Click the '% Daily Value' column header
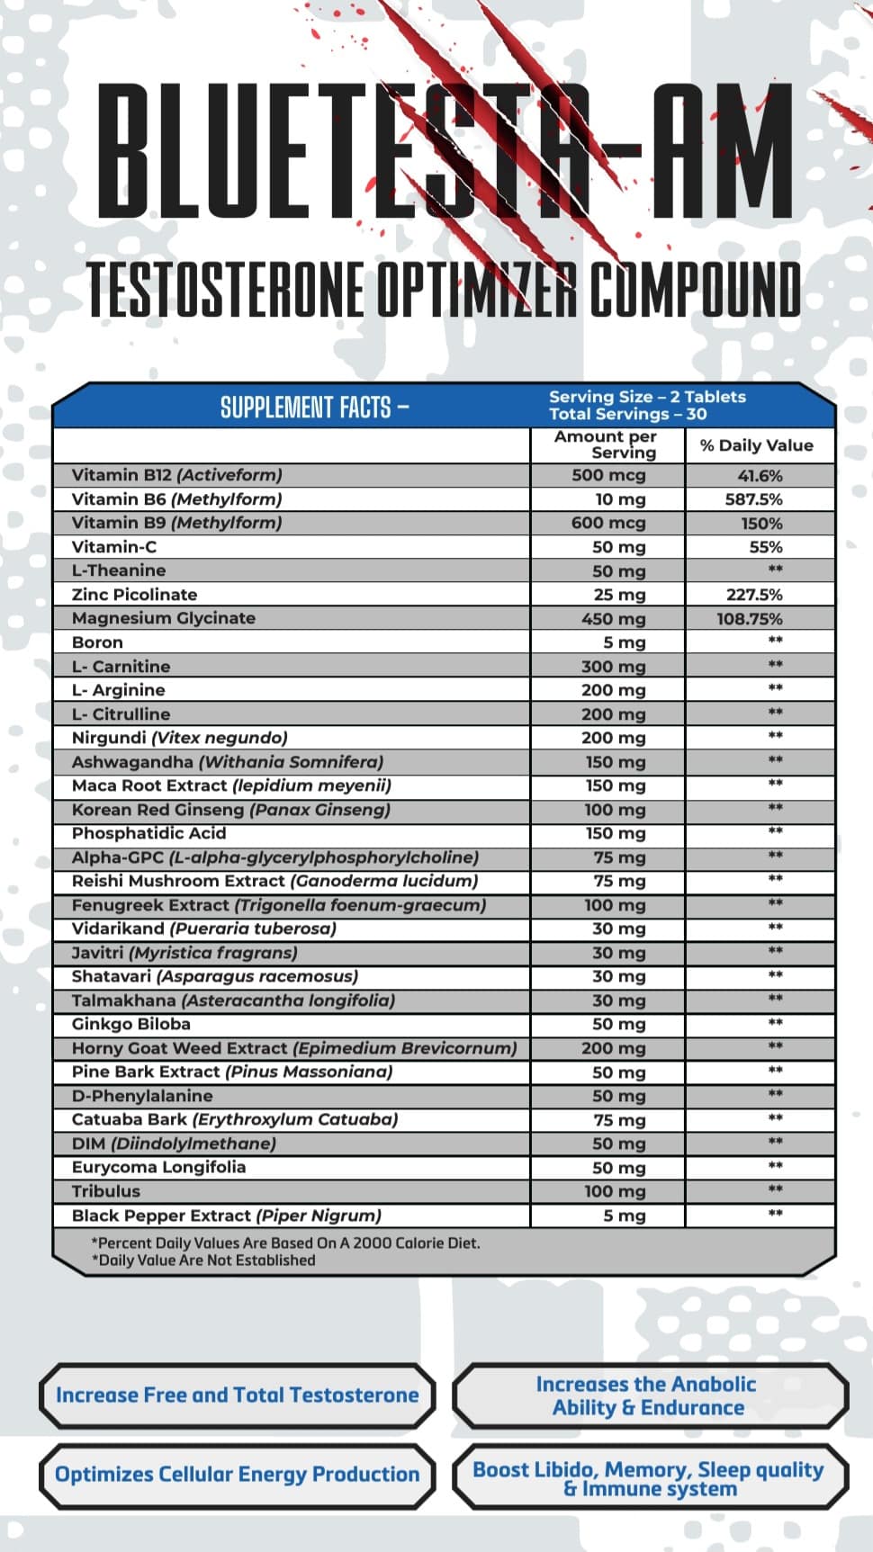tap(757, 445)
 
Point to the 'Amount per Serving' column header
tap(607, 444)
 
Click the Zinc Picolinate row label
tap(134, 595)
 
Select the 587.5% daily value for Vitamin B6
tap(753, 499)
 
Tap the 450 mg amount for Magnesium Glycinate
tap(613, 619)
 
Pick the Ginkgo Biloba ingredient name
tap(131, 1024)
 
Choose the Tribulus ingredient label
tap(106, 1191)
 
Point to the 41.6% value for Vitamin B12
tap(760, 476)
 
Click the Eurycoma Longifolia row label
tap(158, 1167)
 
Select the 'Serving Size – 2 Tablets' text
tap(647, 397)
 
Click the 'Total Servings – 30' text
tap(628, 415)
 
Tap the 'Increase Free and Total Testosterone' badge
tap(237, 1395)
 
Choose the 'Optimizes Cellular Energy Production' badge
tap(237, 1475)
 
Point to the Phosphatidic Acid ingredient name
tap(148, 833)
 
